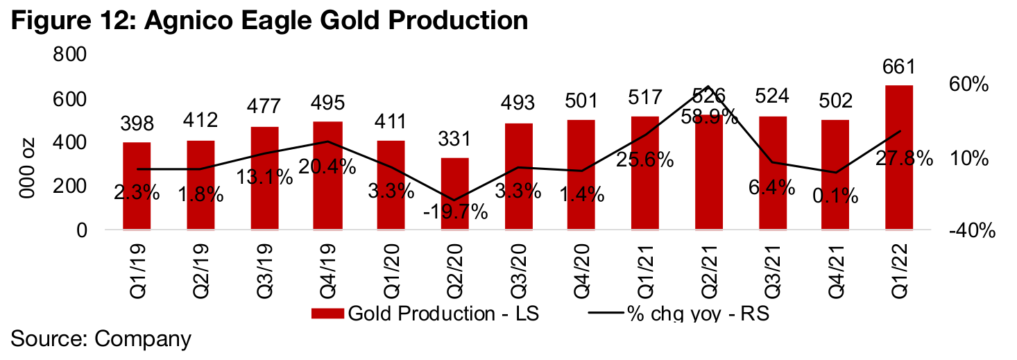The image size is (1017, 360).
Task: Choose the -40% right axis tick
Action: (x=970, y=230)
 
